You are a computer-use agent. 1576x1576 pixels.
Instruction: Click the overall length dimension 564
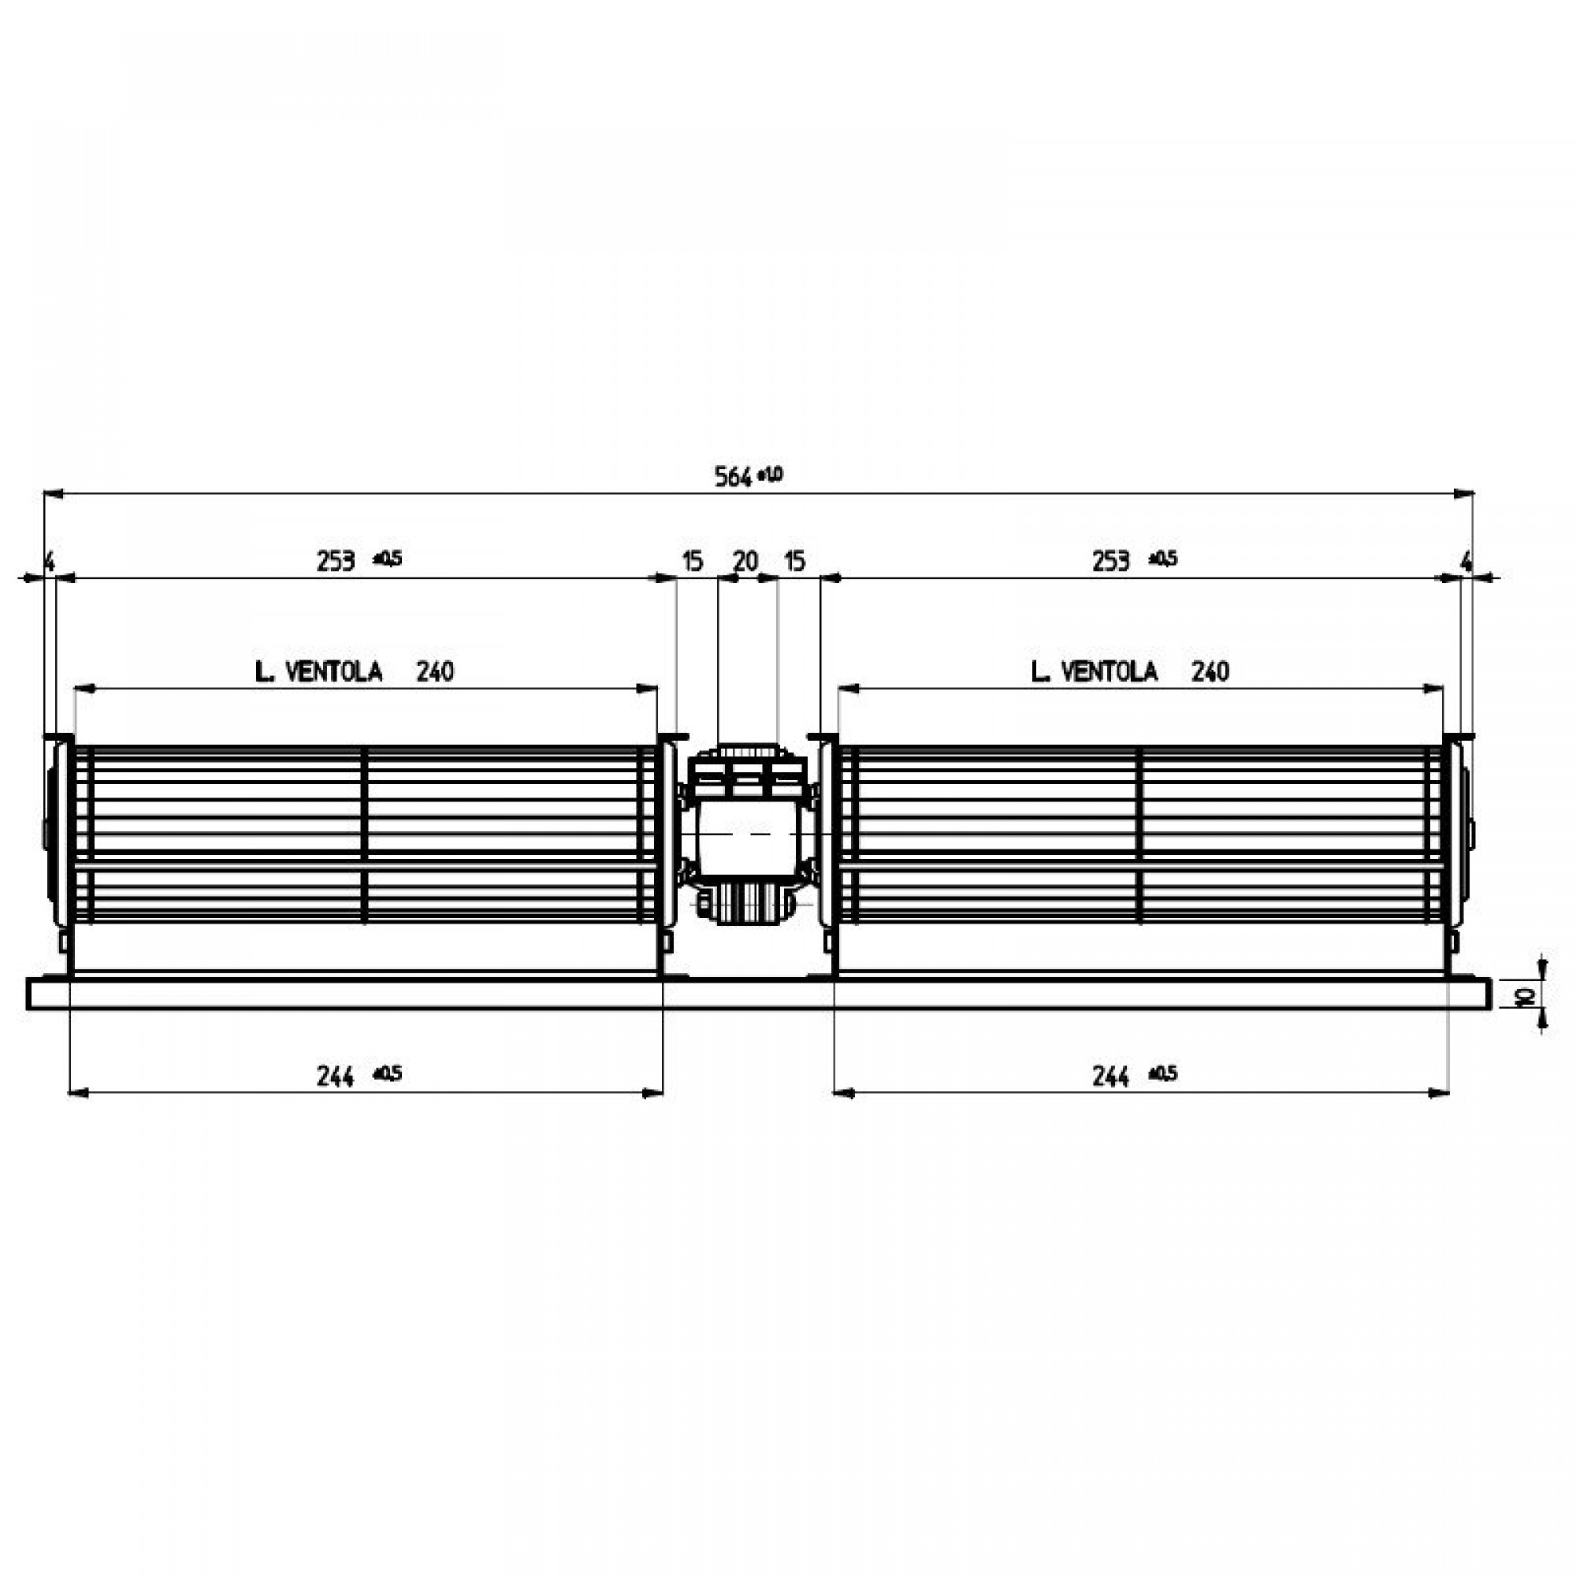(733, 477)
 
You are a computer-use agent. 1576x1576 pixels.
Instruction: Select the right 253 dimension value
(1111, 561)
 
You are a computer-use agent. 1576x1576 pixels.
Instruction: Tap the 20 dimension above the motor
(745, 561)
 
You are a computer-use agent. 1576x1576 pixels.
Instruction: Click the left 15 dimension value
(692, 561)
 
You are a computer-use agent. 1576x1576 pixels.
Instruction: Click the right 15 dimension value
(794, 561)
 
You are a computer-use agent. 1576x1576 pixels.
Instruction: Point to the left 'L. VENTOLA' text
(318, 672)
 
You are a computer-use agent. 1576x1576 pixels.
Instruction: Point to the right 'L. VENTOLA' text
(1094, 672)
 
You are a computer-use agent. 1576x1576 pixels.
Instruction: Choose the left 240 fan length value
(435, 672)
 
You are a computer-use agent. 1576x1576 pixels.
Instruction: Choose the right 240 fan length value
(1210, 672)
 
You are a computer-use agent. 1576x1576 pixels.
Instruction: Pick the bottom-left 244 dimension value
(335, 1077)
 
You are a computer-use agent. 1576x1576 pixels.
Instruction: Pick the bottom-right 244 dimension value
(1110, 1077)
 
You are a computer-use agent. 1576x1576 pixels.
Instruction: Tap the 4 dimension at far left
(49, 561)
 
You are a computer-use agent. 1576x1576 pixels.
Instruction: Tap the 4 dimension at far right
(1466, 561)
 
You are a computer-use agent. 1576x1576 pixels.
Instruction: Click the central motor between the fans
(746, 836)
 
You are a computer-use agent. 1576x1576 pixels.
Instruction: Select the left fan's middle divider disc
(365, 835)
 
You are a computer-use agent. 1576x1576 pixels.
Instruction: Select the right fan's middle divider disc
(1140, 835)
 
